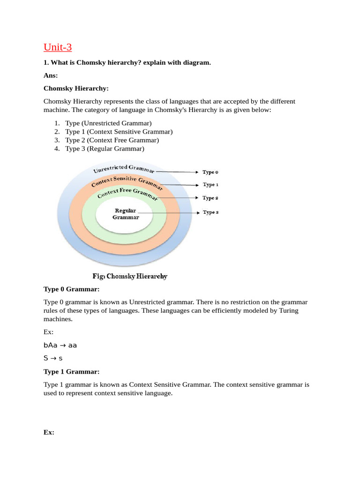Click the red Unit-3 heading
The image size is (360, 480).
58,48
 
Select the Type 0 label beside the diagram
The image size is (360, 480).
210,172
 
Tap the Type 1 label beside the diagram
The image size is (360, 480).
210,185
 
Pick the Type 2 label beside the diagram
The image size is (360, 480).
210,198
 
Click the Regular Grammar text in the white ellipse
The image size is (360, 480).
125,214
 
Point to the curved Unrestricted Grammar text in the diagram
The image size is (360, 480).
124,168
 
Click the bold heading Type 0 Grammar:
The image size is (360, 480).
71,289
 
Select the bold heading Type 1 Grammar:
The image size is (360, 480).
71,372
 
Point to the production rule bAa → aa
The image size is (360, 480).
60,345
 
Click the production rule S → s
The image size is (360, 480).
53,358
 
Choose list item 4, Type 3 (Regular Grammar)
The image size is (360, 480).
105,149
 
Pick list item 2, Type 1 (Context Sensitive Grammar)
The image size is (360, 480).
119,132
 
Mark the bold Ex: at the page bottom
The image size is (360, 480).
49,433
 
